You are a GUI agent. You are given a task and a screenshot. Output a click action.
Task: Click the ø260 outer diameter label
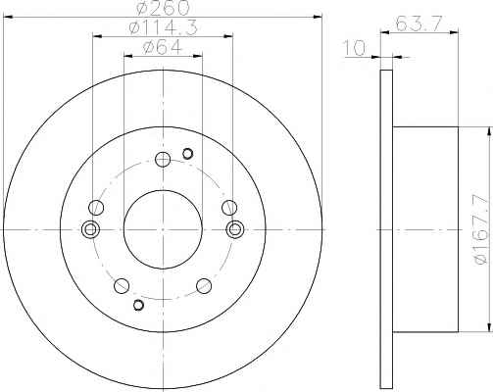pos(163,7)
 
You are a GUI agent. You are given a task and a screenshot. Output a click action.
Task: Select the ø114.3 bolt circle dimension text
pos(163,27)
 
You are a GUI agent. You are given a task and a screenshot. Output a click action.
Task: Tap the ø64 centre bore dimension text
pos(163,48)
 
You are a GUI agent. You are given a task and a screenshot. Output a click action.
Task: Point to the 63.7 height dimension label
pos(419,24)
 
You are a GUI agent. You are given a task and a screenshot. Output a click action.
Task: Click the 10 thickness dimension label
pos(355,48)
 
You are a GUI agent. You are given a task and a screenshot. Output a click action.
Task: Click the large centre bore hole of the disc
pos(163,229)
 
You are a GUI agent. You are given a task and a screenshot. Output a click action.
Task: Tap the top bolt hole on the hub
pos(163,160)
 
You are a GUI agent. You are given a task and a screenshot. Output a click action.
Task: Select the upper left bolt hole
pos(96,208)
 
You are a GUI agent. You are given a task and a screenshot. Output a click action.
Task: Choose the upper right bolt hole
pos(229,208)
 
